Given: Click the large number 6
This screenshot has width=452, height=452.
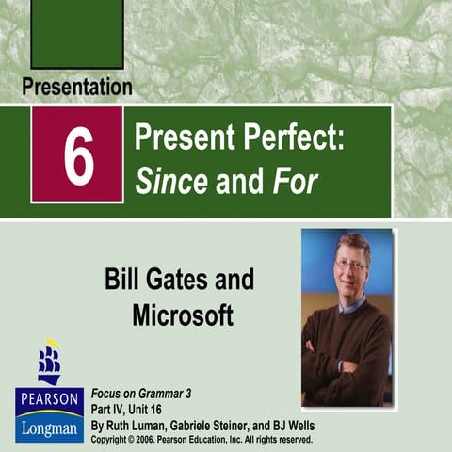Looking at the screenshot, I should tap(78, 155).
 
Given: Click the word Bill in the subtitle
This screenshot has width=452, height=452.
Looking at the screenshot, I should tap(127, 280).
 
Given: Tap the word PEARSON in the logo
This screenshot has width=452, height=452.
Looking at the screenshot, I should tap(48, 398).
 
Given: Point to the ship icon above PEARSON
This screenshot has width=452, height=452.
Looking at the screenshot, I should tap(49, 363).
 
